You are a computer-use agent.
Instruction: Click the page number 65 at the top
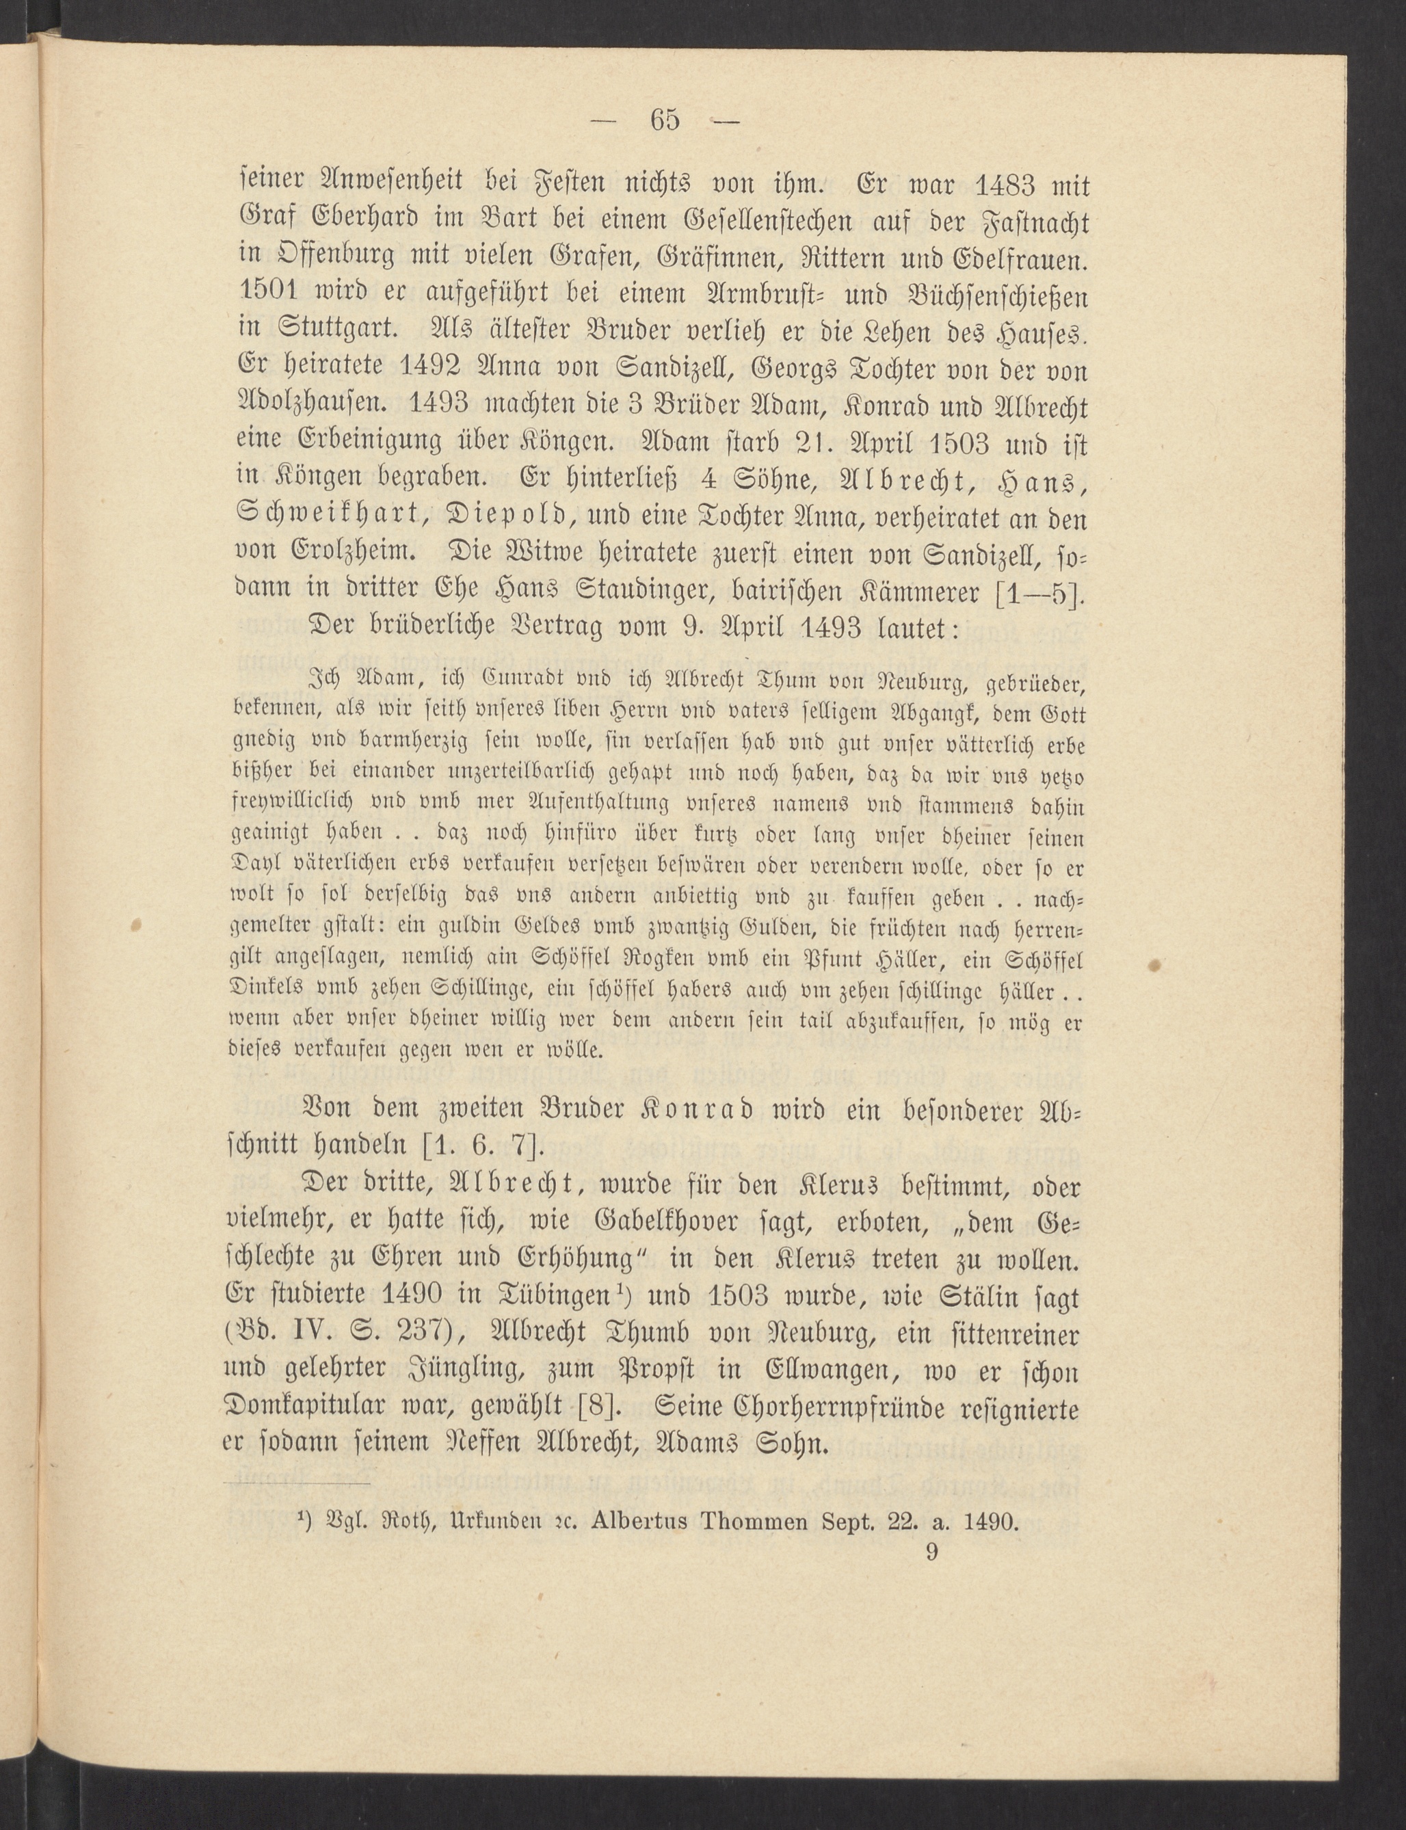point(665,120)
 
